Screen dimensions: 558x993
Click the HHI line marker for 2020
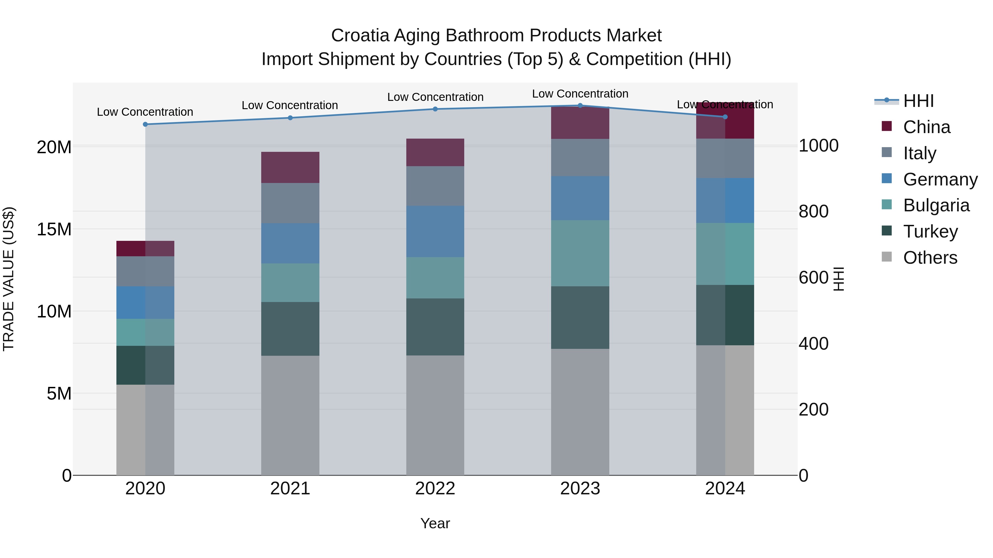point(145,124)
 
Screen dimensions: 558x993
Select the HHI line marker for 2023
point(580,106)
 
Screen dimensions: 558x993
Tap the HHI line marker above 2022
point(435,109)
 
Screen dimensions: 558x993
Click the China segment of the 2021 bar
point(290,168)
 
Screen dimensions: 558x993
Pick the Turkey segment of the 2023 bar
point(580,317)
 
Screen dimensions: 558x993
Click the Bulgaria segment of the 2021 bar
point(290,283)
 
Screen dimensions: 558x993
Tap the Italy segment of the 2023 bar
point(580,158)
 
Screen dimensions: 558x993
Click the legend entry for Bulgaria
point(936,205)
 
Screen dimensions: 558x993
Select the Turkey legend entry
point(930,231)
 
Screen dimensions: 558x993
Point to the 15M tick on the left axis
point(54,229)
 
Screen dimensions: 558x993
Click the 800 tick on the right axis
point(813,211)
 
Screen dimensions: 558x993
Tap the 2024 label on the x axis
point(725,489)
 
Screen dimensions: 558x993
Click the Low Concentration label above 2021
point(290,105)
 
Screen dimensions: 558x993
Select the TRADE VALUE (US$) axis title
point(9,279)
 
